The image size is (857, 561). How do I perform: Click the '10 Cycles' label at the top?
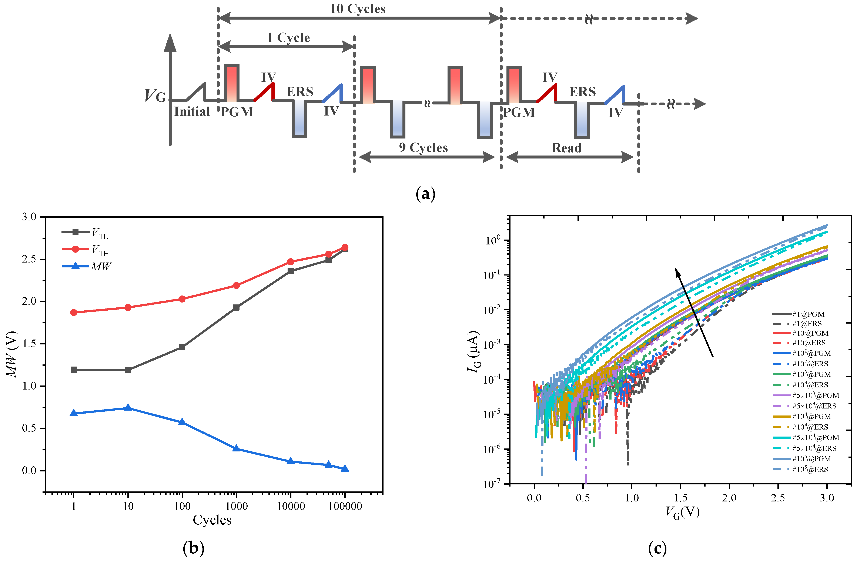pos(358,9)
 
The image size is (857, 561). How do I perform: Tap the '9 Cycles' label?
pos(423,148)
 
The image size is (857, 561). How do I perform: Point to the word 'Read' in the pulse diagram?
pos(566,148)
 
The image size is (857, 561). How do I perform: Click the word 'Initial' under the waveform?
pos(192,112)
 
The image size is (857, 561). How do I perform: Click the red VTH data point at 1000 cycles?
pos(236,285)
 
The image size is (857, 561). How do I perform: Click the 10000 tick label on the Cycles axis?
pos(291,506)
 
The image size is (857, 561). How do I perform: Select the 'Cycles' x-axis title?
pos(212,520)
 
